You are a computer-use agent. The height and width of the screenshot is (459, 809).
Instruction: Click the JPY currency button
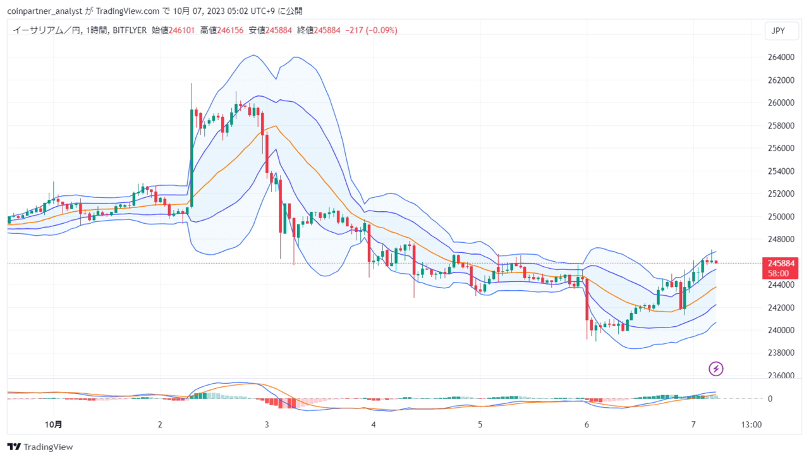[781, 31]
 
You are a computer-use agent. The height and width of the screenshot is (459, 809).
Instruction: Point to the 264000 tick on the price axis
[781, 57]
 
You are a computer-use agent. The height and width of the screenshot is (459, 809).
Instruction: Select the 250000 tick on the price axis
[781, 216]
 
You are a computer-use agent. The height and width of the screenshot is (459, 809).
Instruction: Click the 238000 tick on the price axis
[781, 353]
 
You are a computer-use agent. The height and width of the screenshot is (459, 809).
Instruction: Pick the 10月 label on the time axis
[54, 424]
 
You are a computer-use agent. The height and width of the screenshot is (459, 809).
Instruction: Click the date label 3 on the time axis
[267, 424]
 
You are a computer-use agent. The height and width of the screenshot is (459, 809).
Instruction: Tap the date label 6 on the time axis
[587, 424]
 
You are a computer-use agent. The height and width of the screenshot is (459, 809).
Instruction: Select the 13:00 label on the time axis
[751, 424]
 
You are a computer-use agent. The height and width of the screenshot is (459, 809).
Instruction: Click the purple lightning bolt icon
[716, 369]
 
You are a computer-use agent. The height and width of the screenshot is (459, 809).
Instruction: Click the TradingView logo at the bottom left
[40, 447]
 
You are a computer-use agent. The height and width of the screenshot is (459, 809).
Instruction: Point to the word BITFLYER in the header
[130, 30]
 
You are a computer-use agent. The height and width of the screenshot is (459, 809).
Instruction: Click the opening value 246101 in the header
[181, 30]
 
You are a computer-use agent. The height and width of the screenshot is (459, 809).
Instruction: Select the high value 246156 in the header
[230, 30]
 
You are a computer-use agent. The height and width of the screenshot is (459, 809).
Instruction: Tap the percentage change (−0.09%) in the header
[382, 30]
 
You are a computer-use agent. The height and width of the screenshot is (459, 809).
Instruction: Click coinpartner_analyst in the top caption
[45, 11]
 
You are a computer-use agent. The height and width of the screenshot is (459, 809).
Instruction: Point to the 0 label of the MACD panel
[770, 399]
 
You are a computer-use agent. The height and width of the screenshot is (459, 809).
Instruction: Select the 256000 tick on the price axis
[781, 148]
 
